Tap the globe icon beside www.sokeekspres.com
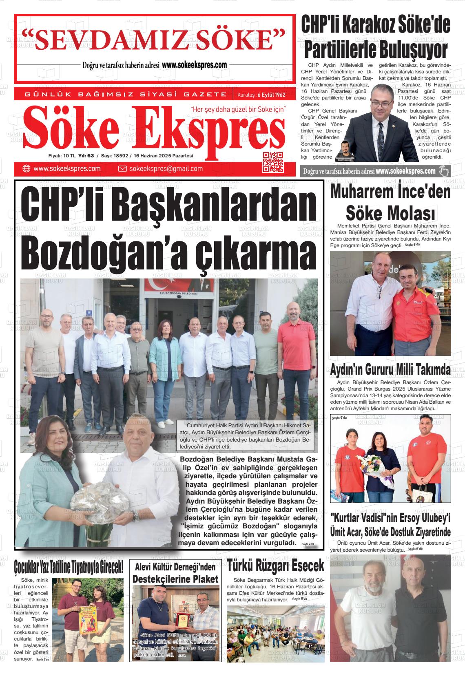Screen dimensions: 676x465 click(27, 169)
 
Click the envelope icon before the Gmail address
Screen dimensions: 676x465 click(122, 169)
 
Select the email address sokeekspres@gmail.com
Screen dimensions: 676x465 click(166, 169)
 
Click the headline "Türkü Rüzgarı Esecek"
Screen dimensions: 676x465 click(276, 566)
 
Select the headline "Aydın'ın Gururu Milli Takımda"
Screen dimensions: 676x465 click(390, 370)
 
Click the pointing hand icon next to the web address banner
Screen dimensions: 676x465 click(443, 171)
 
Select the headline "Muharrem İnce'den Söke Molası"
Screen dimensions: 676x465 click(390, 202)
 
